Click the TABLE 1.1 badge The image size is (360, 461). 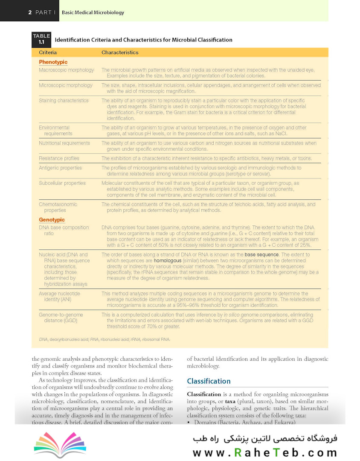(x=41, y=39)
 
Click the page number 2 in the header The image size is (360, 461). (x=30, y=12)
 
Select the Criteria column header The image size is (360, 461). (x=48, y=53)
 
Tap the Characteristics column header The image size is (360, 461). (x=120, y=53)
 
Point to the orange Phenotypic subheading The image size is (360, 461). (x=53, y=62)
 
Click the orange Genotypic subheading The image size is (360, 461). (x=52, y=220)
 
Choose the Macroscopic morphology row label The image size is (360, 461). (x=66, y=70)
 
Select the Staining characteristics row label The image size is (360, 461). (x=64, y=101)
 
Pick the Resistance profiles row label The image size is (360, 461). (x=59, y=158)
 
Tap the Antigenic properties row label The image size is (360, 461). (x=60, y=168)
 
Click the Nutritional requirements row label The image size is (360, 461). (x=64, y=143)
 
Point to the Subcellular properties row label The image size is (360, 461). (x=62, y=183)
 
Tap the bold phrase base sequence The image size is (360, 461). (x=261, y=254)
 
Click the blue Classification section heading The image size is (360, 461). (x=209, y=381)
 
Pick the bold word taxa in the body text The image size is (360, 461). (x=230, y=402)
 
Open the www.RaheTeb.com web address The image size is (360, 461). (x=264, y=452)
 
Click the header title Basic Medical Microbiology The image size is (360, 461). (x=93, y=12)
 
